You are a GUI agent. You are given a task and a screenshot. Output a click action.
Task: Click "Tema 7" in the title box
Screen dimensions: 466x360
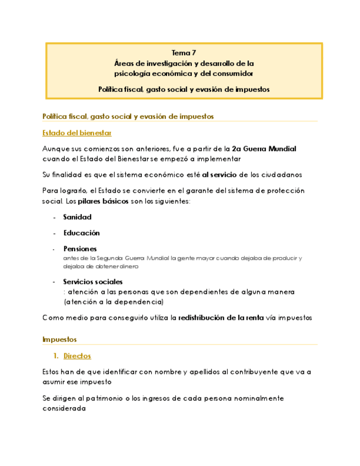(184, 53)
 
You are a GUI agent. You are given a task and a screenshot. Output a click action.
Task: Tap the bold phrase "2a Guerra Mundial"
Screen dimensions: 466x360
(264, 149)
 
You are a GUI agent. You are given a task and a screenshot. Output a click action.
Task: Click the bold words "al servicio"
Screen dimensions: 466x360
(220, 175)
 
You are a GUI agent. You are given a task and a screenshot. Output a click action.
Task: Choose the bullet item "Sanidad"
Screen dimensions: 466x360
(77, 217)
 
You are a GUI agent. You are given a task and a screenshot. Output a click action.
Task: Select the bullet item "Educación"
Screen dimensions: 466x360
(81, 233)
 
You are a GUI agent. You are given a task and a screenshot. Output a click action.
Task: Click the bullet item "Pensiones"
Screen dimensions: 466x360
(80, 248)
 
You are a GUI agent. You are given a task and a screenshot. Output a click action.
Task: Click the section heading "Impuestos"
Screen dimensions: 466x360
(59, 339)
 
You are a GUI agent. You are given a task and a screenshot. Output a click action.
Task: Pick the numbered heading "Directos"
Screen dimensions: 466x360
(77, 356)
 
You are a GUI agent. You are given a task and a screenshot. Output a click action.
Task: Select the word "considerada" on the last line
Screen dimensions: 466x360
(64, 409)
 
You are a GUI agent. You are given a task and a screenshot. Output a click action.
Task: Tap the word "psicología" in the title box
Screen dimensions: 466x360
(135, 73)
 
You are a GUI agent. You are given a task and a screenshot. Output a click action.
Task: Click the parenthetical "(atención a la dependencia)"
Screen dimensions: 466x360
(113, 302)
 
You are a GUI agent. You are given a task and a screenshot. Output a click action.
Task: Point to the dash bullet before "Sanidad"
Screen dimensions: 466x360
(54, 218)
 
